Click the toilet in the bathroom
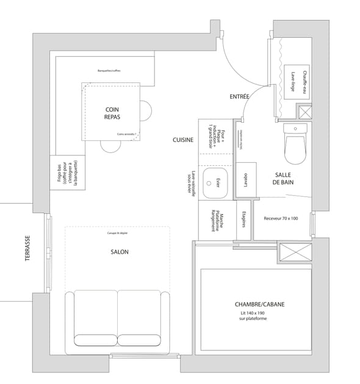coord(295,144)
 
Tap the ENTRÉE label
coord(239,97)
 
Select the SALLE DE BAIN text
coord(285,178)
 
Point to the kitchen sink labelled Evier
coord(214,182)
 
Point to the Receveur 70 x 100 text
coord(281,218)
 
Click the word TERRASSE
coord(27,249)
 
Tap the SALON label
coord(120,252)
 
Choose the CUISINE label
coord(183,140)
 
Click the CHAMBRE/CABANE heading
coord(259,304)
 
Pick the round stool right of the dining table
coord(146,111)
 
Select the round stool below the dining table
coord(111,146)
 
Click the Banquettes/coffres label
coord(109,71)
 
